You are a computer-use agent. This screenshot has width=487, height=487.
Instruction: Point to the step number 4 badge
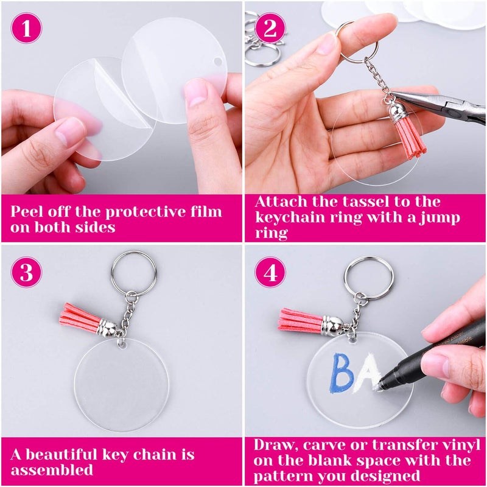(x=271, y=273)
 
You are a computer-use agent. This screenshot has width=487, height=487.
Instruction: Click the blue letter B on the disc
(x=344, y=373)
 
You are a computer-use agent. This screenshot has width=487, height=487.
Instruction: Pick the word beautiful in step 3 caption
(x=79, y=455)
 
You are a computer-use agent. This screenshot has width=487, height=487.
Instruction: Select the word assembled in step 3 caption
(x=52, y=470)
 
